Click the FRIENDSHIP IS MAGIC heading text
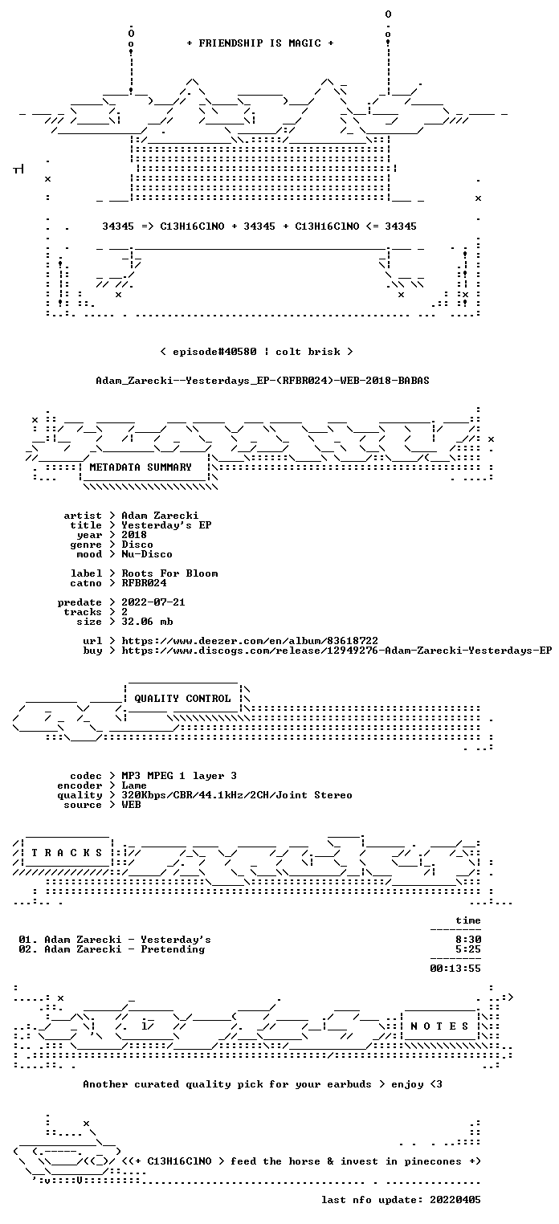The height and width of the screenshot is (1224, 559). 260,43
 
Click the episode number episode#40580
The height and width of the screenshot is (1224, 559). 214,351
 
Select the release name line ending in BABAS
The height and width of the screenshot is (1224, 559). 263,381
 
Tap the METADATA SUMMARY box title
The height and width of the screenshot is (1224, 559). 141,467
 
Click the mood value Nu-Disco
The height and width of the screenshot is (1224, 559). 147,554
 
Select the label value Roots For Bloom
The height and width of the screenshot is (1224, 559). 169,573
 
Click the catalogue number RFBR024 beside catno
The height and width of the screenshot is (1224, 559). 144,583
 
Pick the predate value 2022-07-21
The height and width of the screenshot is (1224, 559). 153,602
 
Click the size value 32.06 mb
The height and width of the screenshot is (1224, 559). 147,622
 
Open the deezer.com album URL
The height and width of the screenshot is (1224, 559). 250,640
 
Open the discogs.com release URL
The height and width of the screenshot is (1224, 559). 337,651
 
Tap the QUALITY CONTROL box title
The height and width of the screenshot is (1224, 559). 182,698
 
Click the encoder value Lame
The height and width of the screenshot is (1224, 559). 134,785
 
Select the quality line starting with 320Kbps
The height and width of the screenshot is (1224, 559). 237,795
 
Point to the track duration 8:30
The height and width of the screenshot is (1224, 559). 468,940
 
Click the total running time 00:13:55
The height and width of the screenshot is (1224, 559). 455,969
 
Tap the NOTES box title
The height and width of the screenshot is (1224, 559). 439,1026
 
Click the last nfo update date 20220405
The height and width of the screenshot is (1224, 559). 455,1199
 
